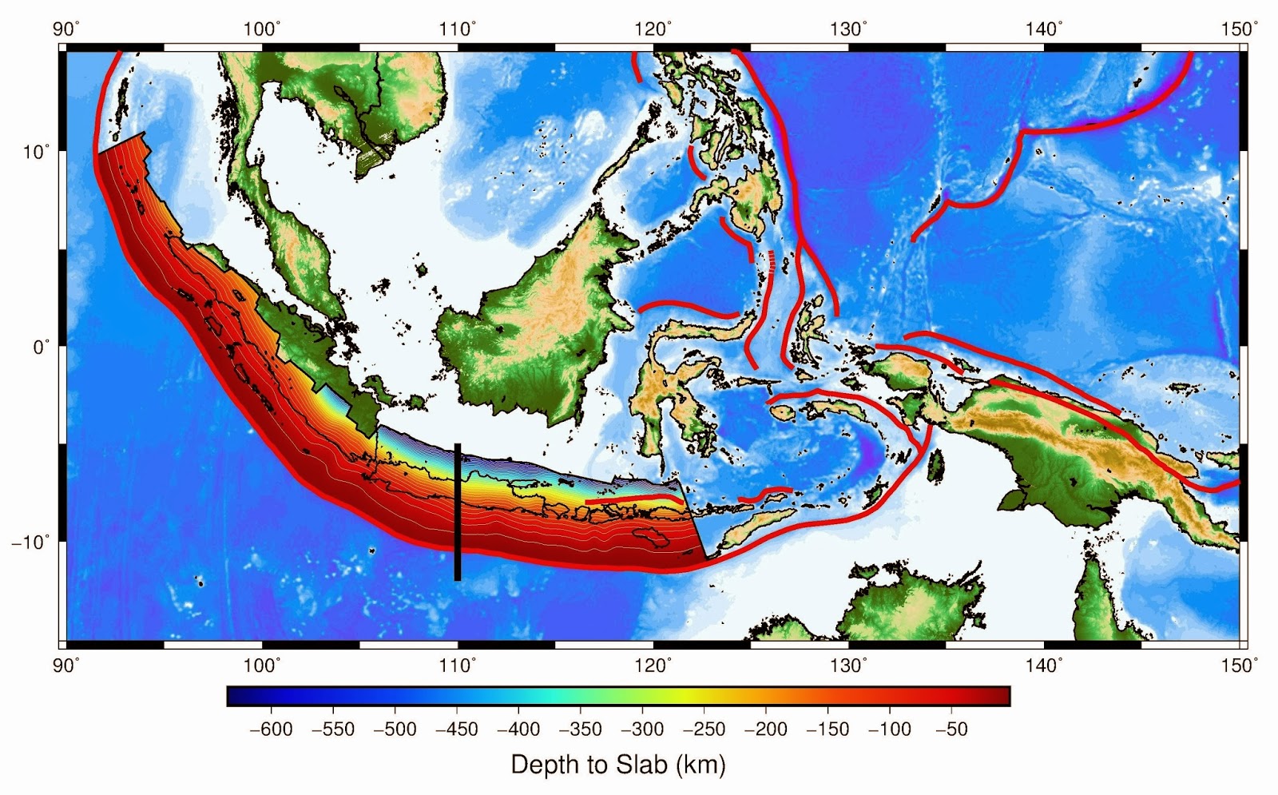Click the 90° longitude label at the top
[x=66, y=30]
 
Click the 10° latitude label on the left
[x=37, y=151]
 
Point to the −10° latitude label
[x=30, y=542]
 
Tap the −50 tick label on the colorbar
[x=951, y=729]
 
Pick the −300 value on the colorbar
[x=642, y=729]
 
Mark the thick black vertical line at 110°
[x=458, y=511]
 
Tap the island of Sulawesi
[x=679, y=392]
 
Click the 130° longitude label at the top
[x=848, y=30]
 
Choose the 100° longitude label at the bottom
[x=262, y=665]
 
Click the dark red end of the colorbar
[x=998, y=696]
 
